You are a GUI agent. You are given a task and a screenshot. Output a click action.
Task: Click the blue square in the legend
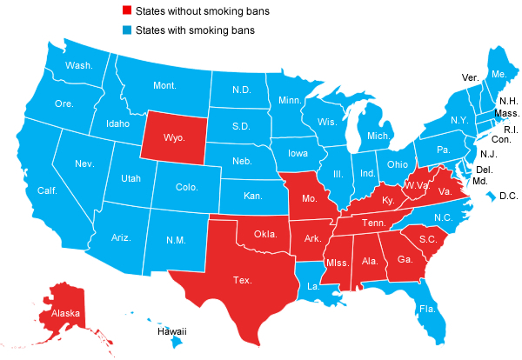tap(127, 30)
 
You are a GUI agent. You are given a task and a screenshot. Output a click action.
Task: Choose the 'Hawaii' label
tap(172, 331)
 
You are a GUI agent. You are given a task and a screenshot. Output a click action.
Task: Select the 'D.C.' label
tap(508, 197)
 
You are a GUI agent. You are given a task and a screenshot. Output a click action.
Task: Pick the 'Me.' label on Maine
tap(499, 75)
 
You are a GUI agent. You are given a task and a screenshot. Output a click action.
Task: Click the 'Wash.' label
tap(80, 65)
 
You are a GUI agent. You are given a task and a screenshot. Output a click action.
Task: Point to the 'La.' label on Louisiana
tap(311, 283)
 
